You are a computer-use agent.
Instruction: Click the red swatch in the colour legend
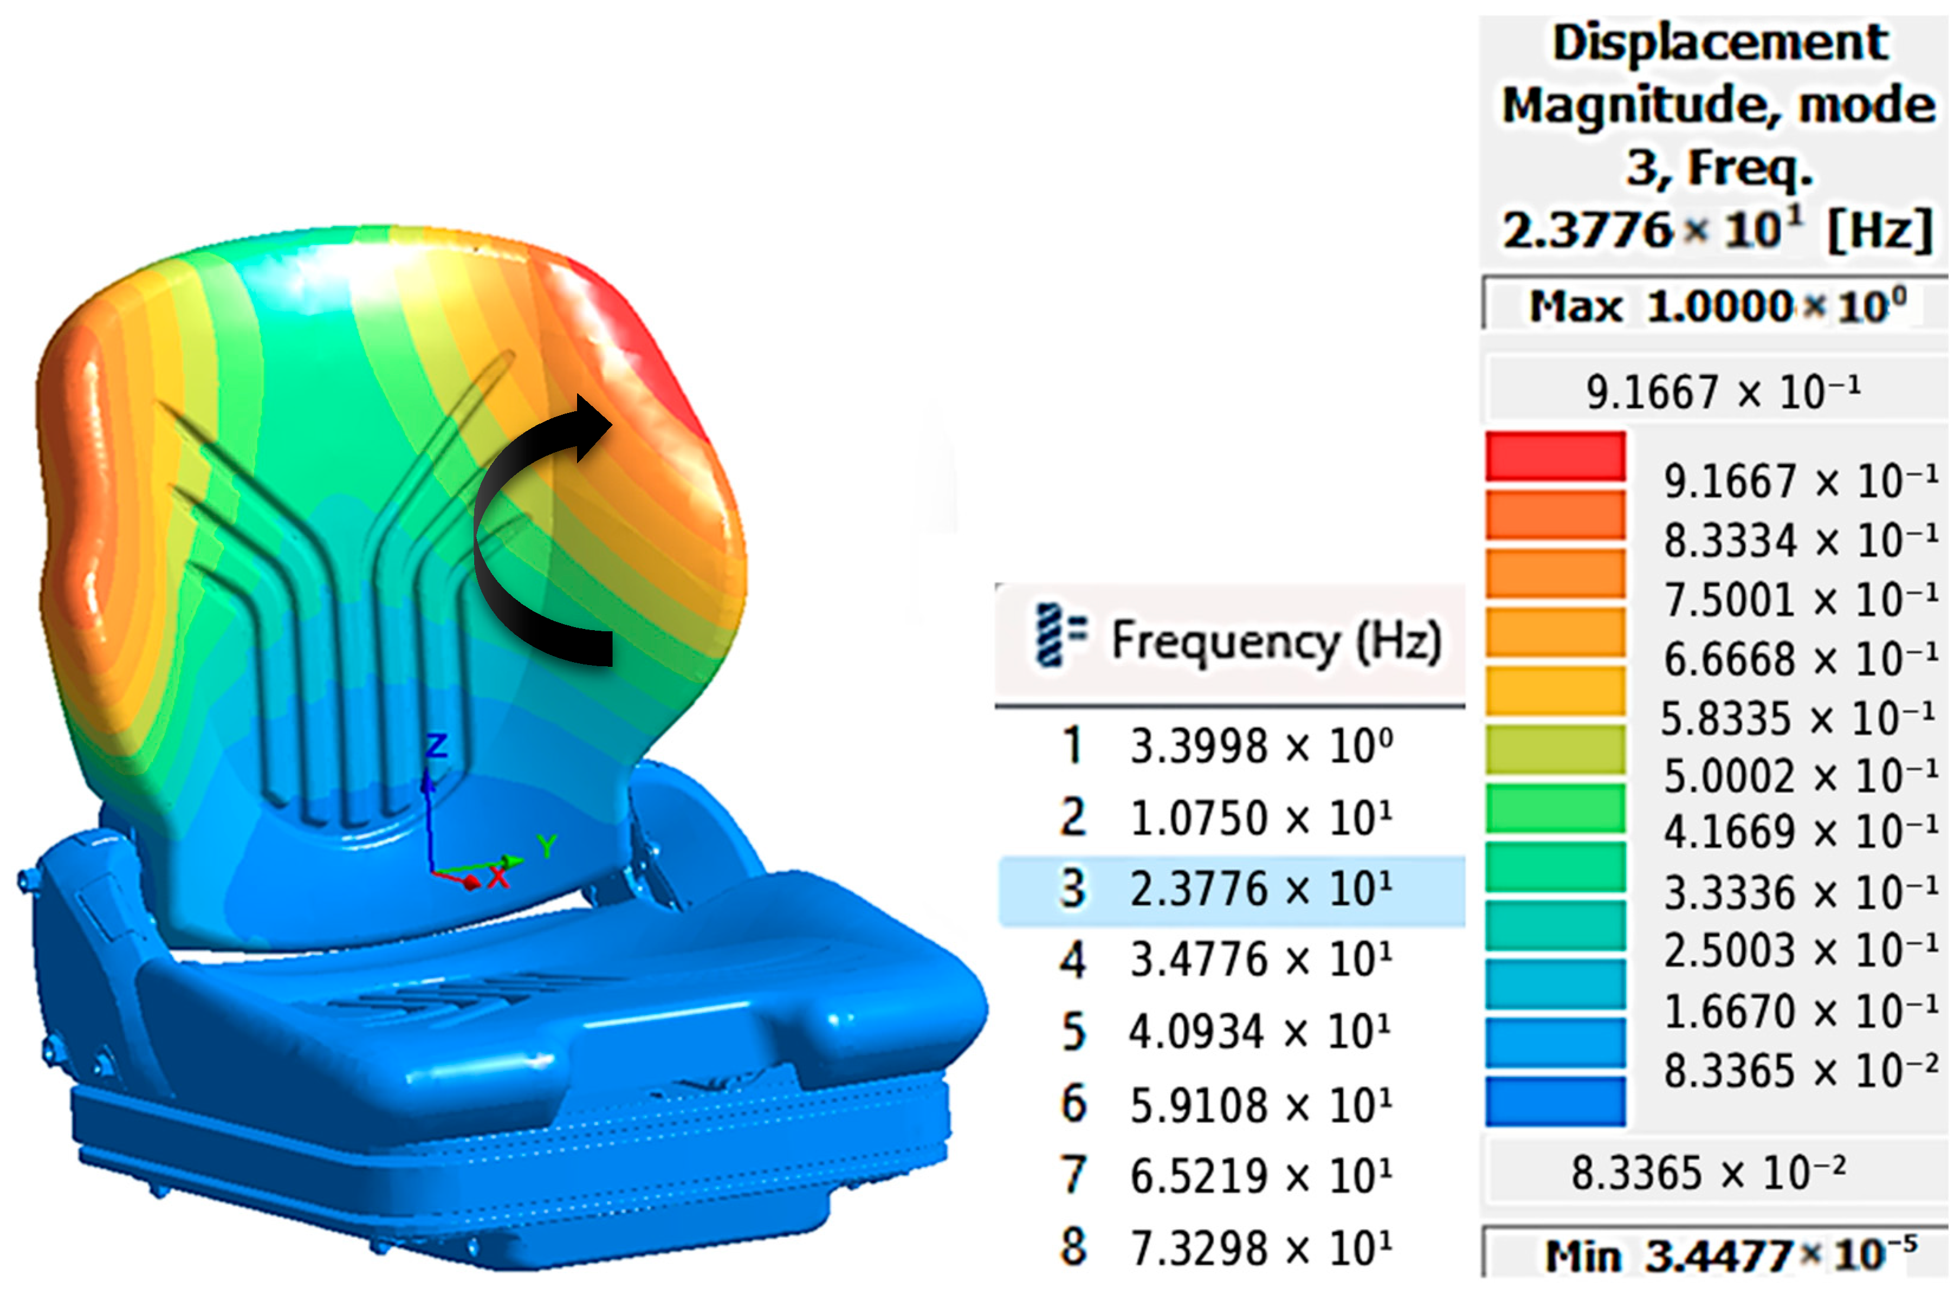click(x=1556, y=456)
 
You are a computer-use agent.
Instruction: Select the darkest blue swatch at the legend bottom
click(x=1556, y=1100)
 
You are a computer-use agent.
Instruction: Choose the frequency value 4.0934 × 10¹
click(x=1260, y=1031)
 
